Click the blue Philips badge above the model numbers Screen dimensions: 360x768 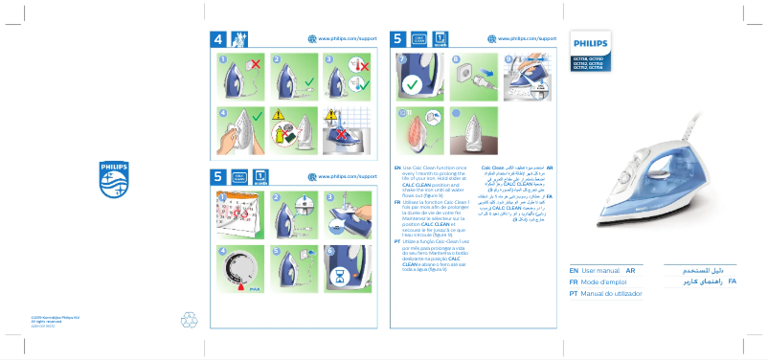coord(586,44)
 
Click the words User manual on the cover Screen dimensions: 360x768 coord(601,272)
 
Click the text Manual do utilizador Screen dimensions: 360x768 coord(611,295)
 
